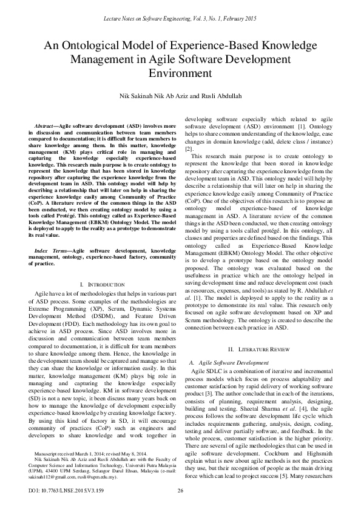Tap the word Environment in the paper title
tap(180, 73)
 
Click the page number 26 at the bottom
tap(180, 490)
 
